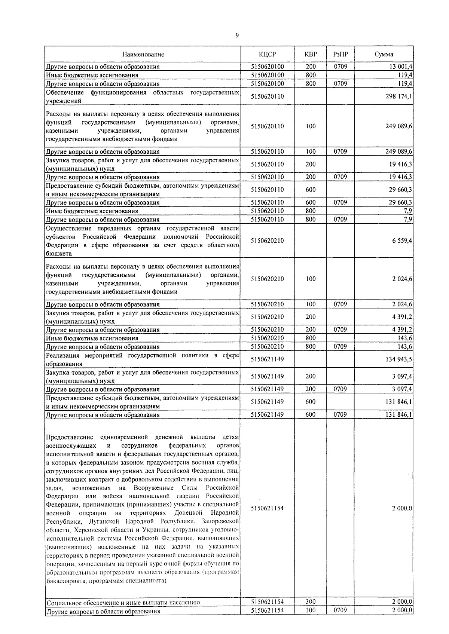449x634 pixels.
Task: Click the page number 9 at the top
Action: click(237, 36)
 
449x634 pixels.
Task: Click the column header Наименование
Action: click(143, 54)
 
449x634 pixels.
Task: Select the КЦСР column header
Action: click(267, 54)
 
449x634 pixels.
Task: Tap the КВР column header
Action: click(311, 54)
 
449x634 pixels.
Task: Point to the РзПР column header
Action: click(340, 54)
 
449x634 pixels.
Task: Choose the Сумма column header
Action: click(384, 54)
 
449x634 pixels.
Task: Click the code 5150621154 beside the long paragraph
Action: click(267, 508)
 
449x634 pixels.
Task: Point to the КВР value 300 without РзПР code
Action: click(311, 601)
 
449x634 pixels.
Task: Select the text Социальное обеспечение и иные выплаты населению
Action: click(123, 603)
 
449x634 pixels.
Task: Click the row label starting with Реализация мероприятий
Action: click(142, 359)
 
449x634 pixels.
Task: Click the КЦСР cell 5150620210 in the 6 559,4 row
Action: click(267, 241)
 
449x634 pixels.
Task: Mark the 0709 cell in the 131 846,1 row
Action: click(340, 414)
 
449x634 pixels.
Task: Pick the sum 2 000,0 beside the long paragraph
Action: click(402, 508)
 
